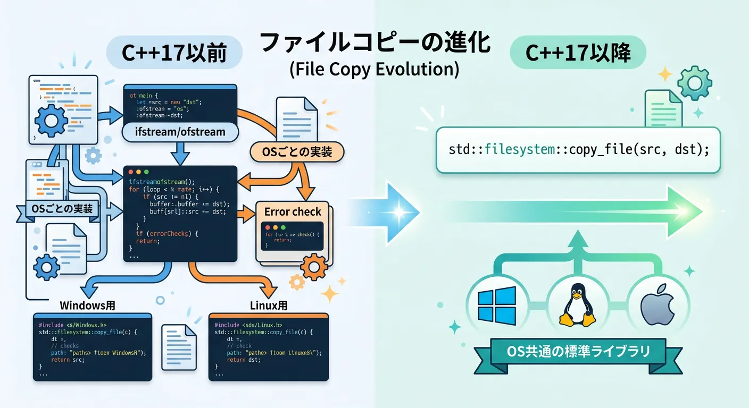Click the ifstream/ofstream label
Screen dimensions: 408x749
point(180,131)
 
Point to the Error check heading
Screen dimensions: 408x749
point(293,211)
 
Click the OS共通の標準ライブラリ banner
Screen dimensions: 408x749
point(578,351)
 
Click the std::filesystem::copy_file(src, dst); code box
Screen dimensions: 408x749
point(578,150)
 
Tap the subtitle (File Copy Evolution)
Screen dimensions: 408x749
point(374,70)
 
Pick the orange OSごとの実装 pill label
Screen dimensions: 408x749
point(297,152)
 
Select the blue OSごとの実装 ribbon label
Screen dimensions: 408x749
point(62,208)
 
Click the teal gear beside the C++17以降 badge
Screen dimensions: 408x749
point(694,84)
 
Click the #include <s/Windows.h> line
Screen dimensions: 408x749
point(73,324)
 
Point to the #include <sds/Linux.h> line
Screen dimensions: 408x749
point(248,324)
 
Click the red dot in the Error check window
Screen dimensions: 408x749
point(269,227)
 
